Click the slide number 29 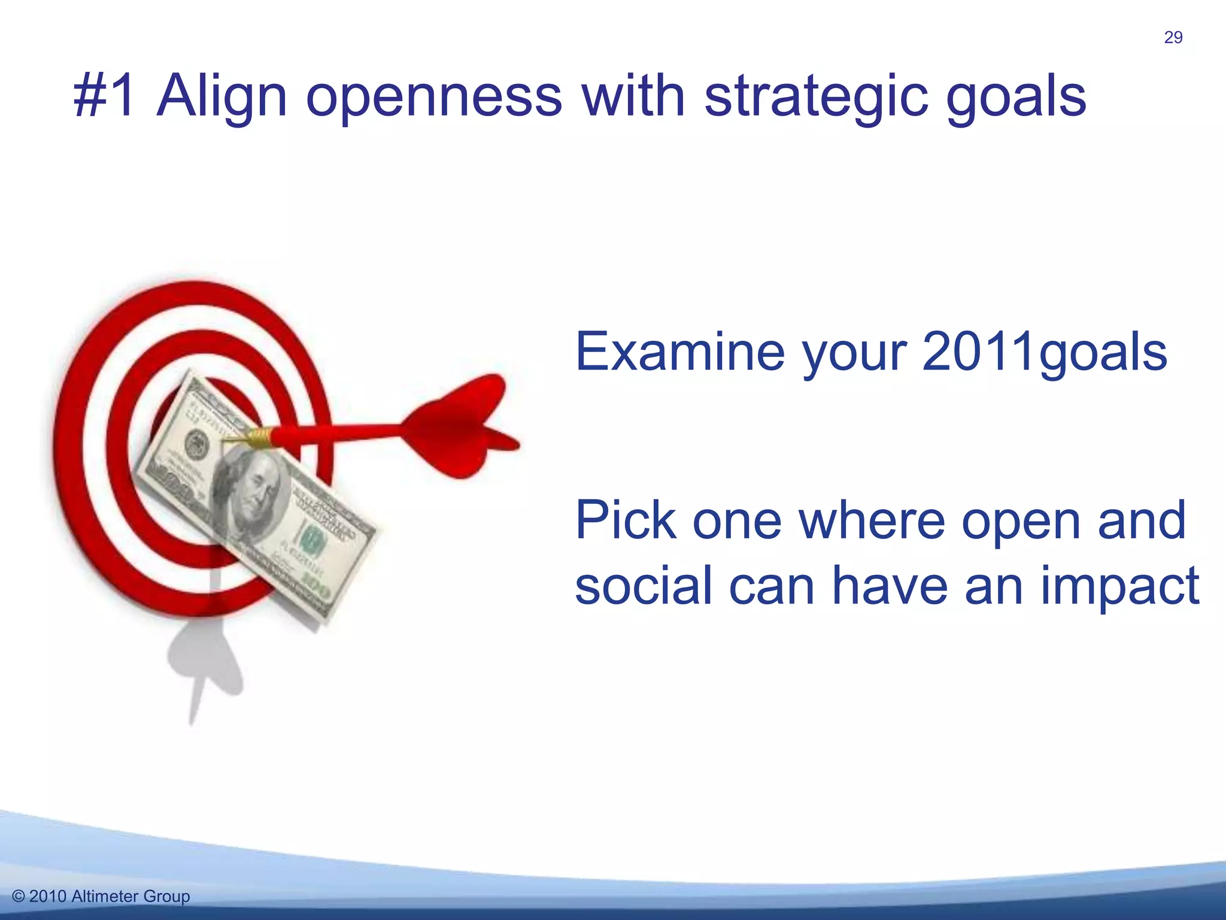pos(1173,38)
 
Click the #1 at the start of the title pos(105,96)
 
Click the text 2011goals pos(1044,353)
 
